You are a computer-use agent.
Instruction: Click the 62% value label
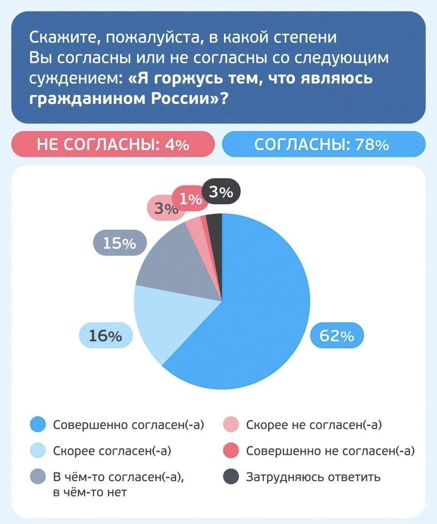pos(337,336)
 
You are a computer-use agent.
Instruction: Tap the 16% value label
pos(105,336)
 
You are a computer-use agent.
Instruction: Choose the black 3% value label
pos(221,193)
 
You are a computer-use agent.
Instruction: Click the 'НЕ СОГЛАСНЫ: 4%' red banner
pos(112,145)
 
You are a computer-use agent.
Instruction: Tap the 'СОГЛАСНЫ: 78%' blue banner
pos(324,145)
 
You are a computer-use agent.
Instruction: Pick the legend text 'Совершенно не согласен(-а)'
pos(330,451)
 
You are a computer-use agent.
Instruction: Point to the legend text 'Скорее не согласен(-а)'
pos(314,425)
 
